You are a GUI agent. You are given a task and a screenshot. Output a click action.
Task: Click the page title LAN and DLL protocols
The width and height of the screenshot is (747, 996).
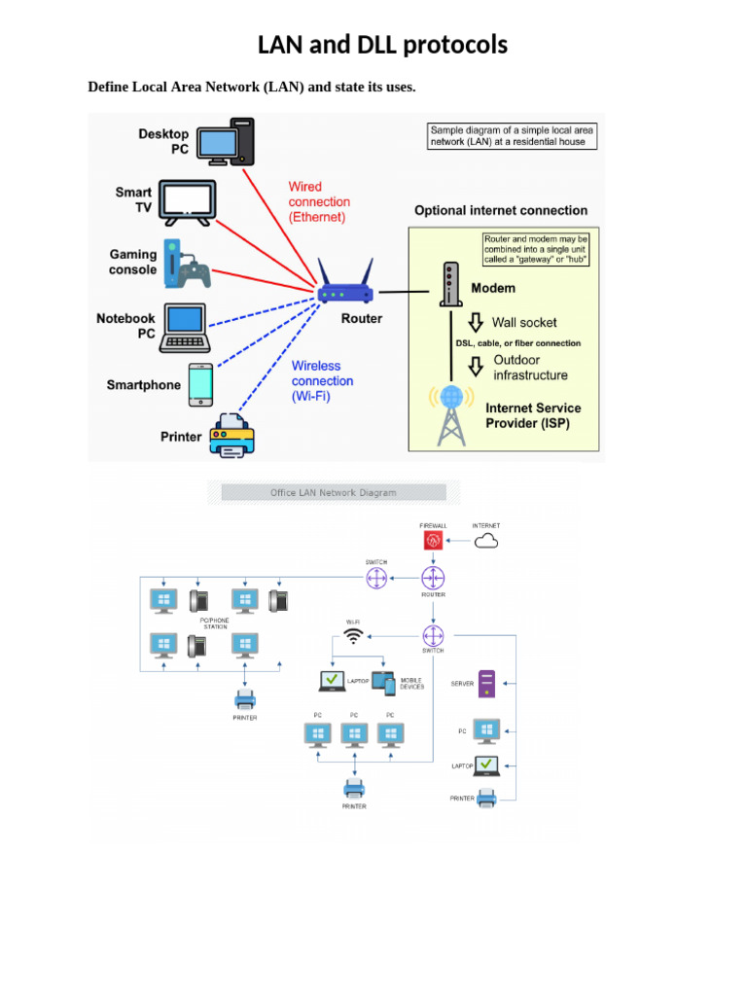coord(382,45)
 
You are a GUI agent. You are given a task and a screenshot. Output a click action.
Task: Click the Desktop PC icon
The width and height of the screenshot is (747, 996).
coord(226,143)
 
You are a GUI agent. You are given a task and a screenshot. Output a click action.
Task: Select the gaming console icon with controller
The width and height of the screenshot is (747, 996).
coord(187,264)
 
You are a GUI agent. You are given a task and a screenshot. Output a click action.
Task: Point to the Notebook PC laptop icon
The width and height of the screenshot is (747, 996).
coord(185,326)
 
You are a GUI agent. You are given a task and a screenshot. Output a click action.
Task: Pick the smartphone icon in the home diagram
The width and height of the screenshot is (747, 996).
coord(200,384)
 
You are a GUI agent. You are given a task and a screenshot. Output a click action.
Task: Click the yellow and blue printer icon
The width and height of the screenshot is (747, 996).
coord(231,436)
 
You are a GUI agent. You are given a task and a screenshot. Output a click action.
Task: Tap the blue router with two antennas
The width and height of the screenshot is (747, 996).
coord(345,285)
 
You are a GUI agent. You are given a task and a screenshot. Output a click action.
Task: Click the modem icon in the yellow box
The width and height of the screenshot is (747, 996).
coord(449,284)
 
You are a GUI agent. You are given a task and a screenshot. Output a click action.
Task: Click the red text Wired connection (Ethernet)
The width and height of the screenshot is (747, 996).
coord(319,202)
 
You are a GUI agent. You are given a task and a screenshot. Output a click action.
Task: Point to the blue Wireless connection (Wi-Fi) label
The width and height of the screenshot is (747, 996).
coord(322,381)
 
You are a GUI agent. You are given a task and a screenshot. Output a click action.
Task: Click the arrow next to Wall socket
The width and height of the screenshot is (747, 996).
coord(476,323)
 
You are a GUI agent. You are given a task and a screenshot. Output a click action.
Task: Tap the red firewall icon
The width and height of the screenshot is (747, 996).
coord(433,542)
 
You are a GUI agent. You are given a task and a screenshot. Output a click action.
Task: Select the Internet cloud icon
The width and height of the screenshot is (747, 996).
coord(486,541)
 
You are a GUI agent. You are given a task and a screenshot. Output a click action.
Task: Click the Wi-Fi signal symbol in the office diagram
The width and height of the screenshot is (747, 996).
coord(353,638)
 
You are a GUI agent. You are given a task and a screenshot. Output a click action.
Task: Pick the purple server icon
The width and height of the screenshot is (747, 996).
coord(487,684)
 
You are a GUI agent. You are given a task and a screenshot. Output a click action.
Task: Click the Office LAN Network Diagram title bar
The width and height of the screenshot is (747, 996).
coord(334,493)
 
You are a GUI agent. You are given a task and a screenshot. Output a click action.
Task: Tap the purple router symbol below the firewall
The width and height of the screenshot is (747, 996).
coord(433,578)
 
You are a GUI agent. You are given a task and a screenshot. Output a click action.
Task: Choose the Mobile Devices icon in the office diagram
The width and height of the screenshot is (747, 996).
coord(384,684)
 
